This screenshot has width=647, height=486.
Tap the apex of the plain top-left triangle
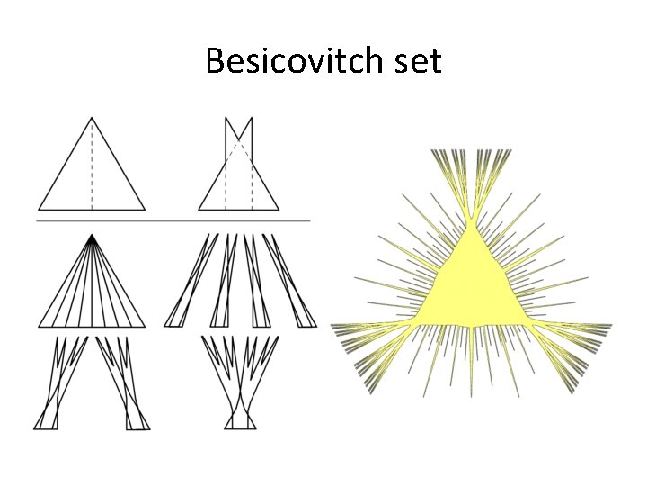91,118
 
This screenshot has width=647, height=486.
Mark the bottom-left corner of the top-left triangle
39,210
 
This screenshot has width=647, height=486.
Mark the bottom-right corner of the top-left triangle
145,210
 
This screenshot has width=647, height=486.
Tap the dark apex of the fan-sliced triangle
91,238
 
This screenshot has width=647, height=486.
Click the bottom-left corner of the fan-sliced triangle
39,326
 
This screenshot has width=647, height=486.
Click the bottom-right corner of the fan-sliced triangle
145,326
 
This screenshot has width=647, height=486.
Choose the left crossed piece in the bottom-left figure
59,382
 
